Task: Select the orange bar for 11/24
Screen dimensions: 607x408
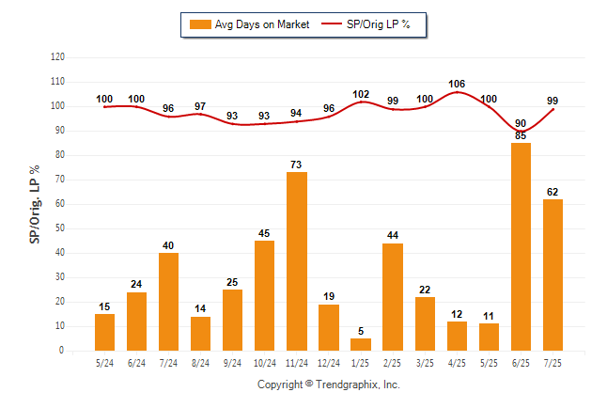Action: [297, 261]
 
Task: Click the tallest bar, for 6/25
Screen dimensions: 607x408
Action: [521, 247]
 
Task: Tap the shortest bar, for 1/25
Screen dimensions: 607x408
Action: [361, 344]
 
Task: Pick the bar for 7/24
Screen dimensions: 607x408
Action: [168, 302]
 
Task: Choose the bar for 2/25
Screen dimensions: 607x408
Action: [393, 297]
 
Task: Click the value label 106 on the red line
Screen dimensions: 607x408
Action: [457, 84]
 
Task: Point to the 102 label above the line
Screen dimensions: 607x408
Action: [361, 94]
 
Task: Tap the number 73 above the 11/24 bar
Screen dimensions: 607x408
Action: [296, 165]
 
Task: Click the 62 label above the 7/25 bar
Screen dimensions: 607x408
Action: [553, 192]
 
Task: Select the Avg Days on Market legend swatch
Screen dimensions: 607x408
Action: [200, 24]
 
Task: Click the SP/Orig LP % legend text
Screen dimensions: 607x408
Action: [379, 24]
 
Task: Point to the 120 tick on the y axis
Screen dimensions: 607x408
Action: [57, 57]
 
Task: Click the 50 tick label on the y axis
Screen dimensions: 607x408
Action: [60, 228]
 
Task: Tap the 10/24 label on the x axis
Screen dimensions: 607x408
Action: [265, 363]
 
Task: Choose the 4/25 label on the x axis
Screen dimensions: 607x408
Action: [457, 363]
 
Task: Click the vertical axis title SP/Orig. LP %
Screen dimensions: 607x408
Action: [35, 204]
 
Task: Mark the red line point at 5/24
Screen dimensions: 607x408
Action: [104, 107]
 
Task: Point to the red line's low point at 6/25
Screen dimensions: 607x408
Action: [521, 131]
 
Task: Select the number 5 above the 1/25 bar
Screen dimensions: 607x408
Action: [361, 331]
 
